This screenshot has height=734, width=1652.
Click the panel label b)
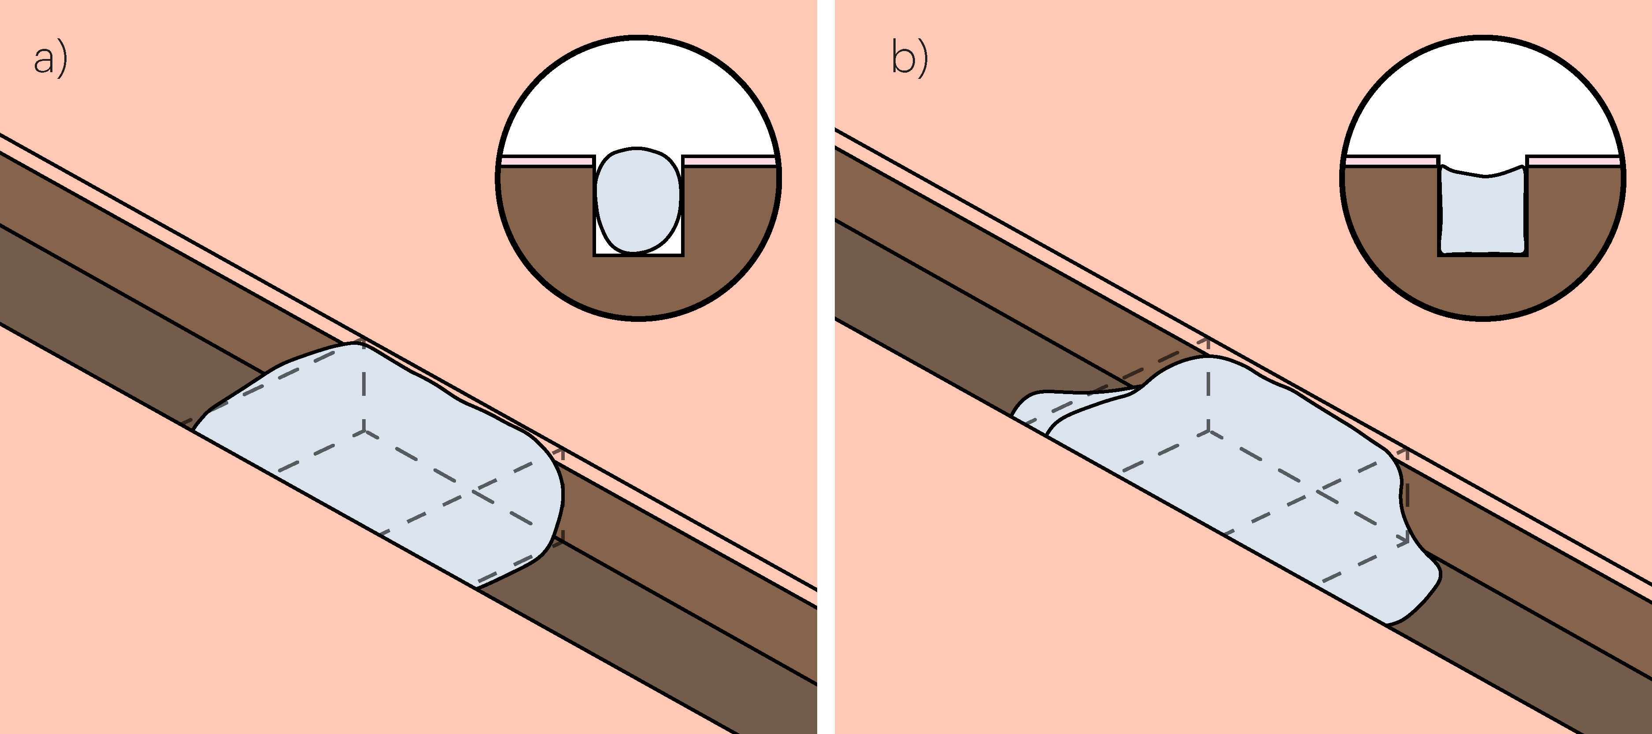[909, 59]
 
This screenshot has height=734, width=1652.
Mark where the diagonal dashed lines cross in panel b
[1318, 492]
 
